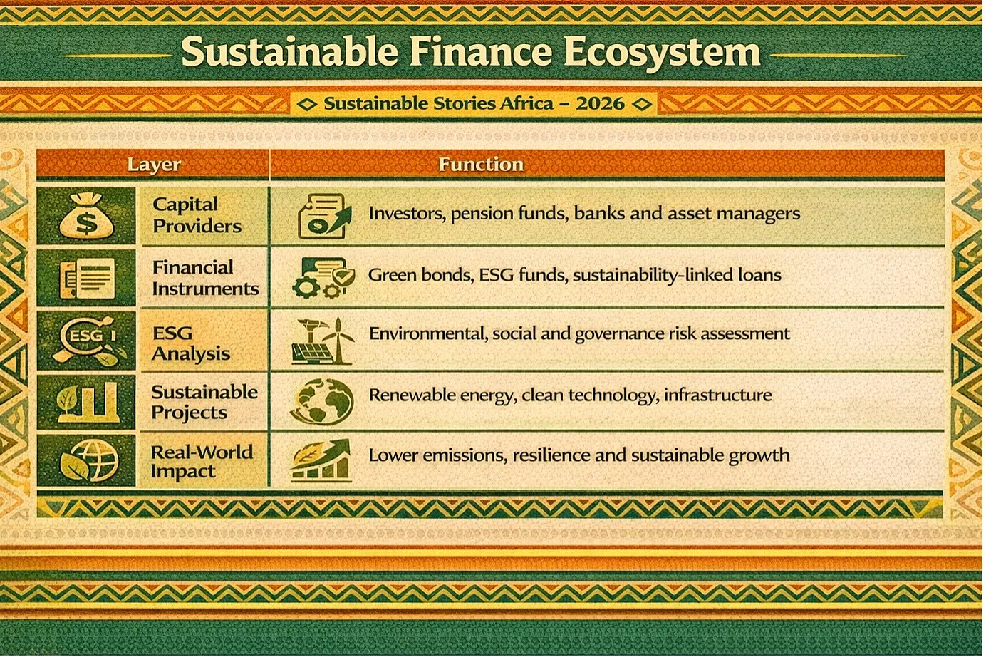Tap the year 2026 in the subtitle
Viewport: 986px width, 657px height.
tap(601, 104)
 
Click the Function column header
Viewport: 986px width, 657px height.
tap(481, 165)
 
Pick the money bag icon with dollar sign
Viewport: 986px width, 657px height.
tap(87, 216)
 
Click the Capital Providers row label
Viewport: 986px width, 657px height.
tap(197, 215)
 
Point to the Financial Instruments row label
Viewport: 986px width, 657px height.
tap(205, 278)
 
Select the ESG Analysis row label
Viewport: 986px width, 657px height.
tap(191, 343)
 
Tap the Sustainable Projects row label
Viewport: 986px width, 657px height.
tap(204, 402)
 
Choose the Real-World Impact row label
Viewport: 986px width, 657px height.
tap(202, 462)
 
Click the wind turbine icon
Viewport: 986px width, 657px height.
tap(338, 341)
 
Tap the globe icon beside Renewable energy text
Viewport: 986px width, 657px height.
tap(322, 401)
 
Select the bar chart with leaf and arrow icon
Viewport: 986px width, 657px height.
tap(321, 460)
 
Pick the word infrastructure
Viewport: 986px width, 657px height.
tap(718, 395)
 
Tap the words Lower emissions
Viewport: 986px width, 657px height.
tap(436, 455)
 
